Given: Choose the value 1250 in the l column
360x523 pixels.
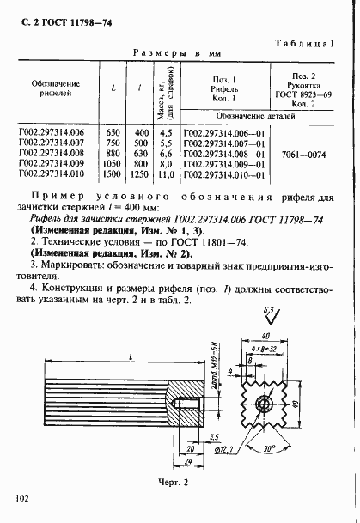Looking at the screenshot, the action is (x=139, y=174).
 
